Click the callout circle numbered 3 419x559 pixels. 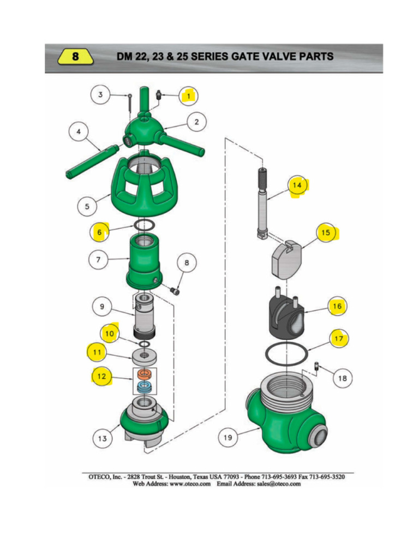(x=100, y=95)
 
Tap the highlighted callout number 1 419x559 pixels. (x=189, y=96)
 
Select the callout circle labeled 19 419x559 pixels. (x=229, y=437)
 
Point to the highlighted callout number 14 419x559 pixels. (x=297, y=186)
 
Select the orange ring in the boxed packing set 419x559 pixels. (x=144, y=374)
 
